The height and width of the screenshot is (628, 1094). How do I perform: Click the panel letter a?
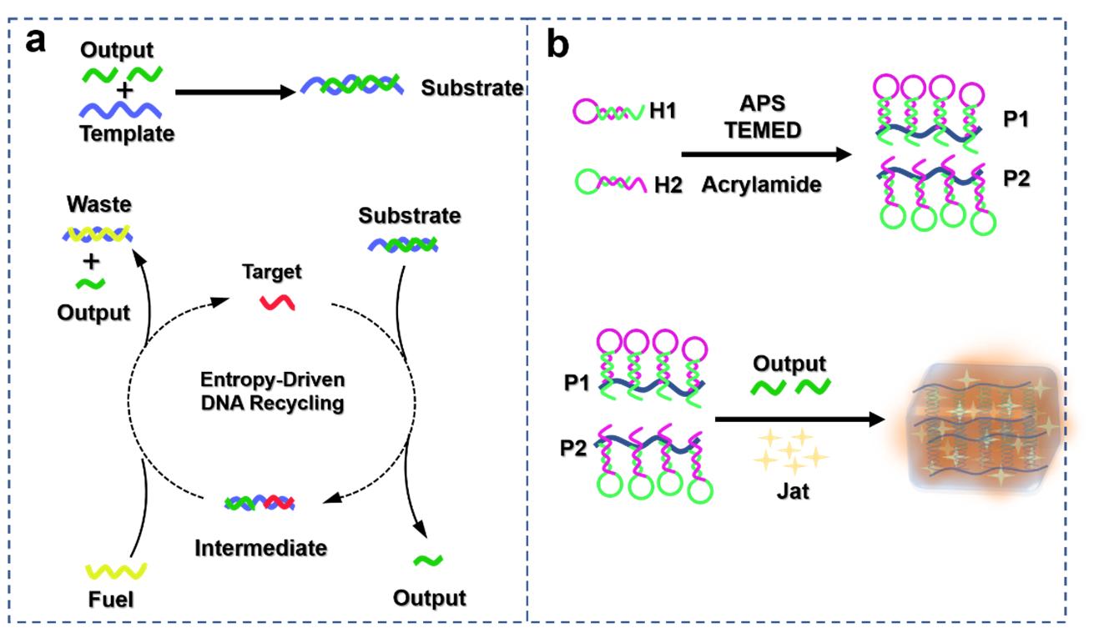36,40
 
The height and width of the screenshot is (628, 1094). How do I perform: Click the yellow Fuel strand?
118,570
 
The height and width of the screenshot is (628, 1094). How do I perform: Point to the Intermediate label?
260,547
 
